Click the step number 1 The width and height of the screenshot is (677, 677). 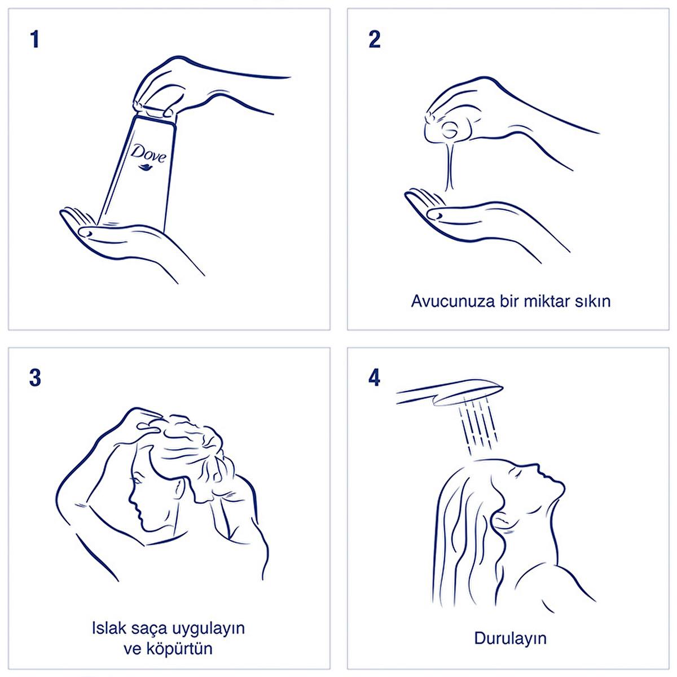pyautogui.click(x=34, y=39)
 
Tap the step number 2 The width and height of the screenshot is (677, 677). pyautogui.click(x=375, y=39)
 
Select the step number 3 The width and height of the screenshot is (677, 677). pyautogui.click(x=35, y=378)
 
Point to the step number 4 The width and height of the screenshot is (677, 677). pyautogui.click(x=375, y=378)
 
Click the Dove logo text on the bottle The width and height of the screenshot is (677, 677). pyautogui.click(x=148, y=153)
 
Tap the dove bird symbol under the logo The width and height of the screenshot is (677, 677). pyautogui.click(x=145, y=167)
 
